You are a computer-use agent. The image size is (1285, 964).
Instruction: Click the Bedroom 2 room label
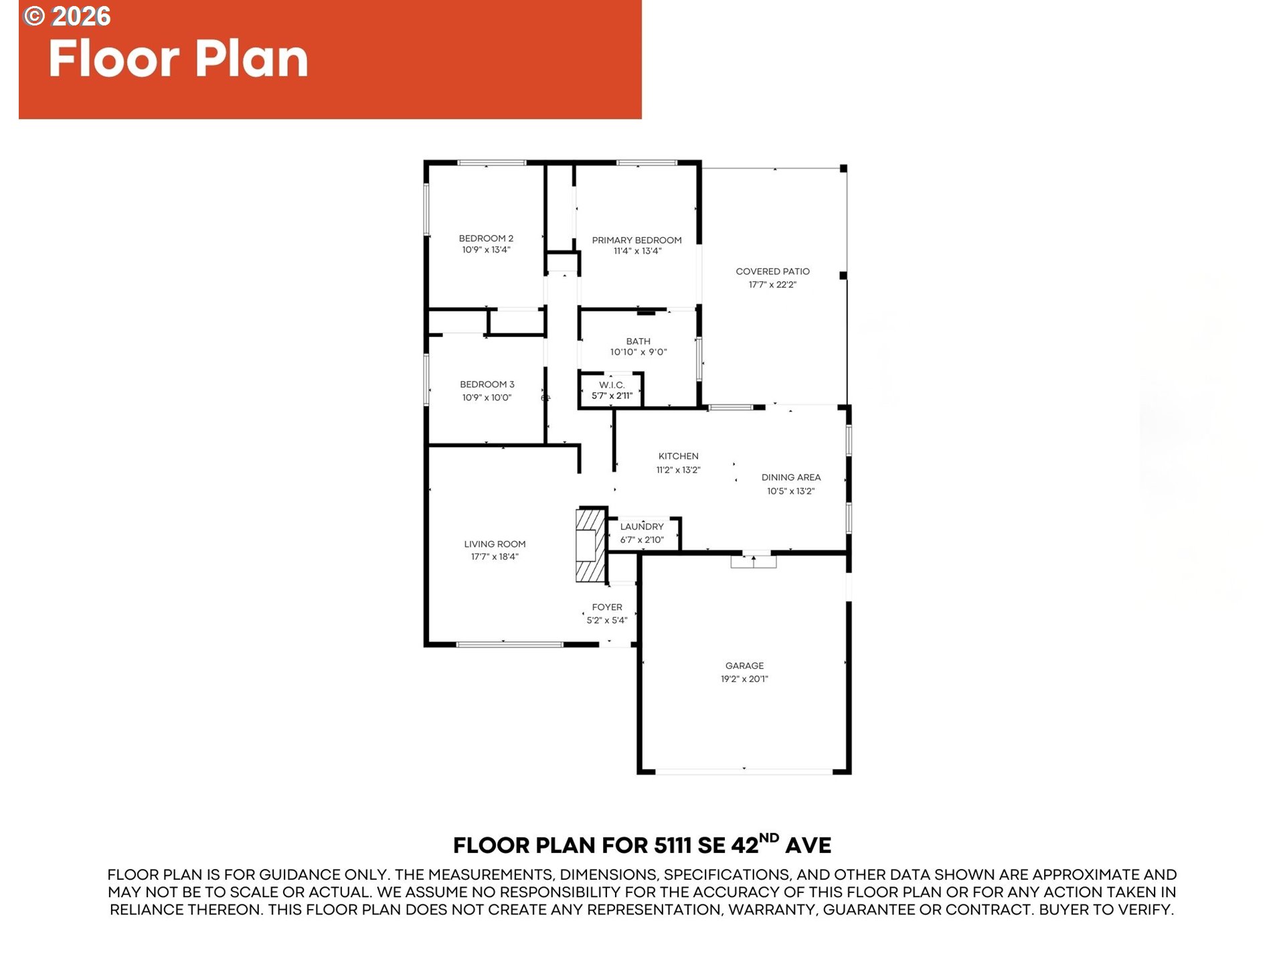[x=486, y=238]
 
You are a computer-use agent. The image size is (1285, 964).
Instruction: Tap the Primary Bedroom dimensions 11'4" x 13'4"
[x=637, y=251]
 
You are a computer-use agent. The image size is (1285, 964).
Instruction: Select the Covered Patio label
[x=772, y=271]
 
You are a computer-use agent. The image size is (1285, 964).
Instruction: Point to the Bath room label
[x=638, y=341]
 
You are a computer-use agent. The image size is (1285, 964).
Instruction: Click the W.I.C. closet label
[x=612, y=385]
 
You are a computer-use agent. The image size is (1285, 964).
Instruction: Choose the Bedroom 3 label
[x=487, y=384]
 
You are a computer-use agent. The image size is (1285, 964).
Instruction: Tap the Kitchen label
[x=678, y=456]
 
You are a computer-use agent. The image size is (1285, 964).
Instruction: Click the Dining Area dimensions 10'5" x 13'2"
[x=790, y=491]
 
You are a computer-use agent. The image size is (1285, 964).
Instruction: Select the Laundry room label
[x=642, y=526]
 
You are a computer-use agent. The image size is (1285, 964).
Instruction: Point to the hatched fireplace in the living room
[x=590, y=545]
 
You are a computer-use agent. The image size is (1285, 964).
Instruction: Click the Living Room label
[x=495, y=544]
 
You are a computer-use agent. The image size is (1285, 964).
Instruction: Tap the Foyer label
[x=607, y=607]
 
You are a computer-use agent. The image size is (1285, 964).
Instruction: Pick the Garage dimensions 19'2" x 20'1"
[x=744, y=679]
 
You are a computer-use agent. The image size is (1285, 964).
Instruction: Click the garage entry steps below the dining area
[x=754, y=560]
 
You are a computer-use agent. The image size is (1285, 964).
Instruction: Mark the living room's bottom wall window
[x=509, y=644]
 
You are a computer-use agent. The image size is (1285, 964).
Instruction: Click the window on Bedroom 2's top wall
[x=492, y=162]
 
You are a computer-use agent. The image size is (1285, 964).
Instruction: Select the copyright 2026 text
[x=67, y=16]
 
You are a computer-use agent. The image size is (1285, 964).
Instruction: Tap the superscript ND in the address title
[x=769, y=837]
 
